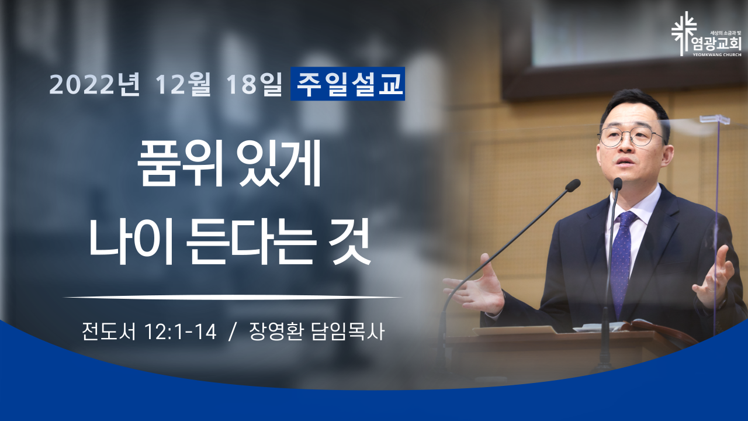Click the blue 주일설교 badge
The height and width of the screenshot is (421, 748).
pos(348,84)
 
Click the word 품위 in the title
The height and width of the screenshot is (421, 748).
pos(181,163)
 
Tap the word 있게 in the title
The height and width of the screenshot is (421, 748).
pos(279,163)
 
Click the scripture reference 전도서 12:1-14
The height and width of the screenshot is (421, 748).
pos(149,332)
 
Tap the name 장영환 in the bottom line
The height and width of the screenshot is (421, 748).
pos(276,332)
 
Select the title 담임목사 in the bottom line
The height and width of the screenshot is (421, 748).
pos(348,332)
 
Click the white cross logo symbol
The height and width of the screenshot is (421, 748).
pos(684,33)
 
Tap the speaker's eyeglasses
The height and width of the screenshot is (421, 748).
pos(631,137)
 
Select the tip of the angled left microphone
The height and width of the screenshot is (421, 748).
pos(573,185)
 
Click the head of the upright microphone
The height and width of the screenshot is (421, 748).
pos(618,184)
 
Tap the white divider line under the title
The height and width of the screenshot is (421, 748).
pos(233,297)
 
